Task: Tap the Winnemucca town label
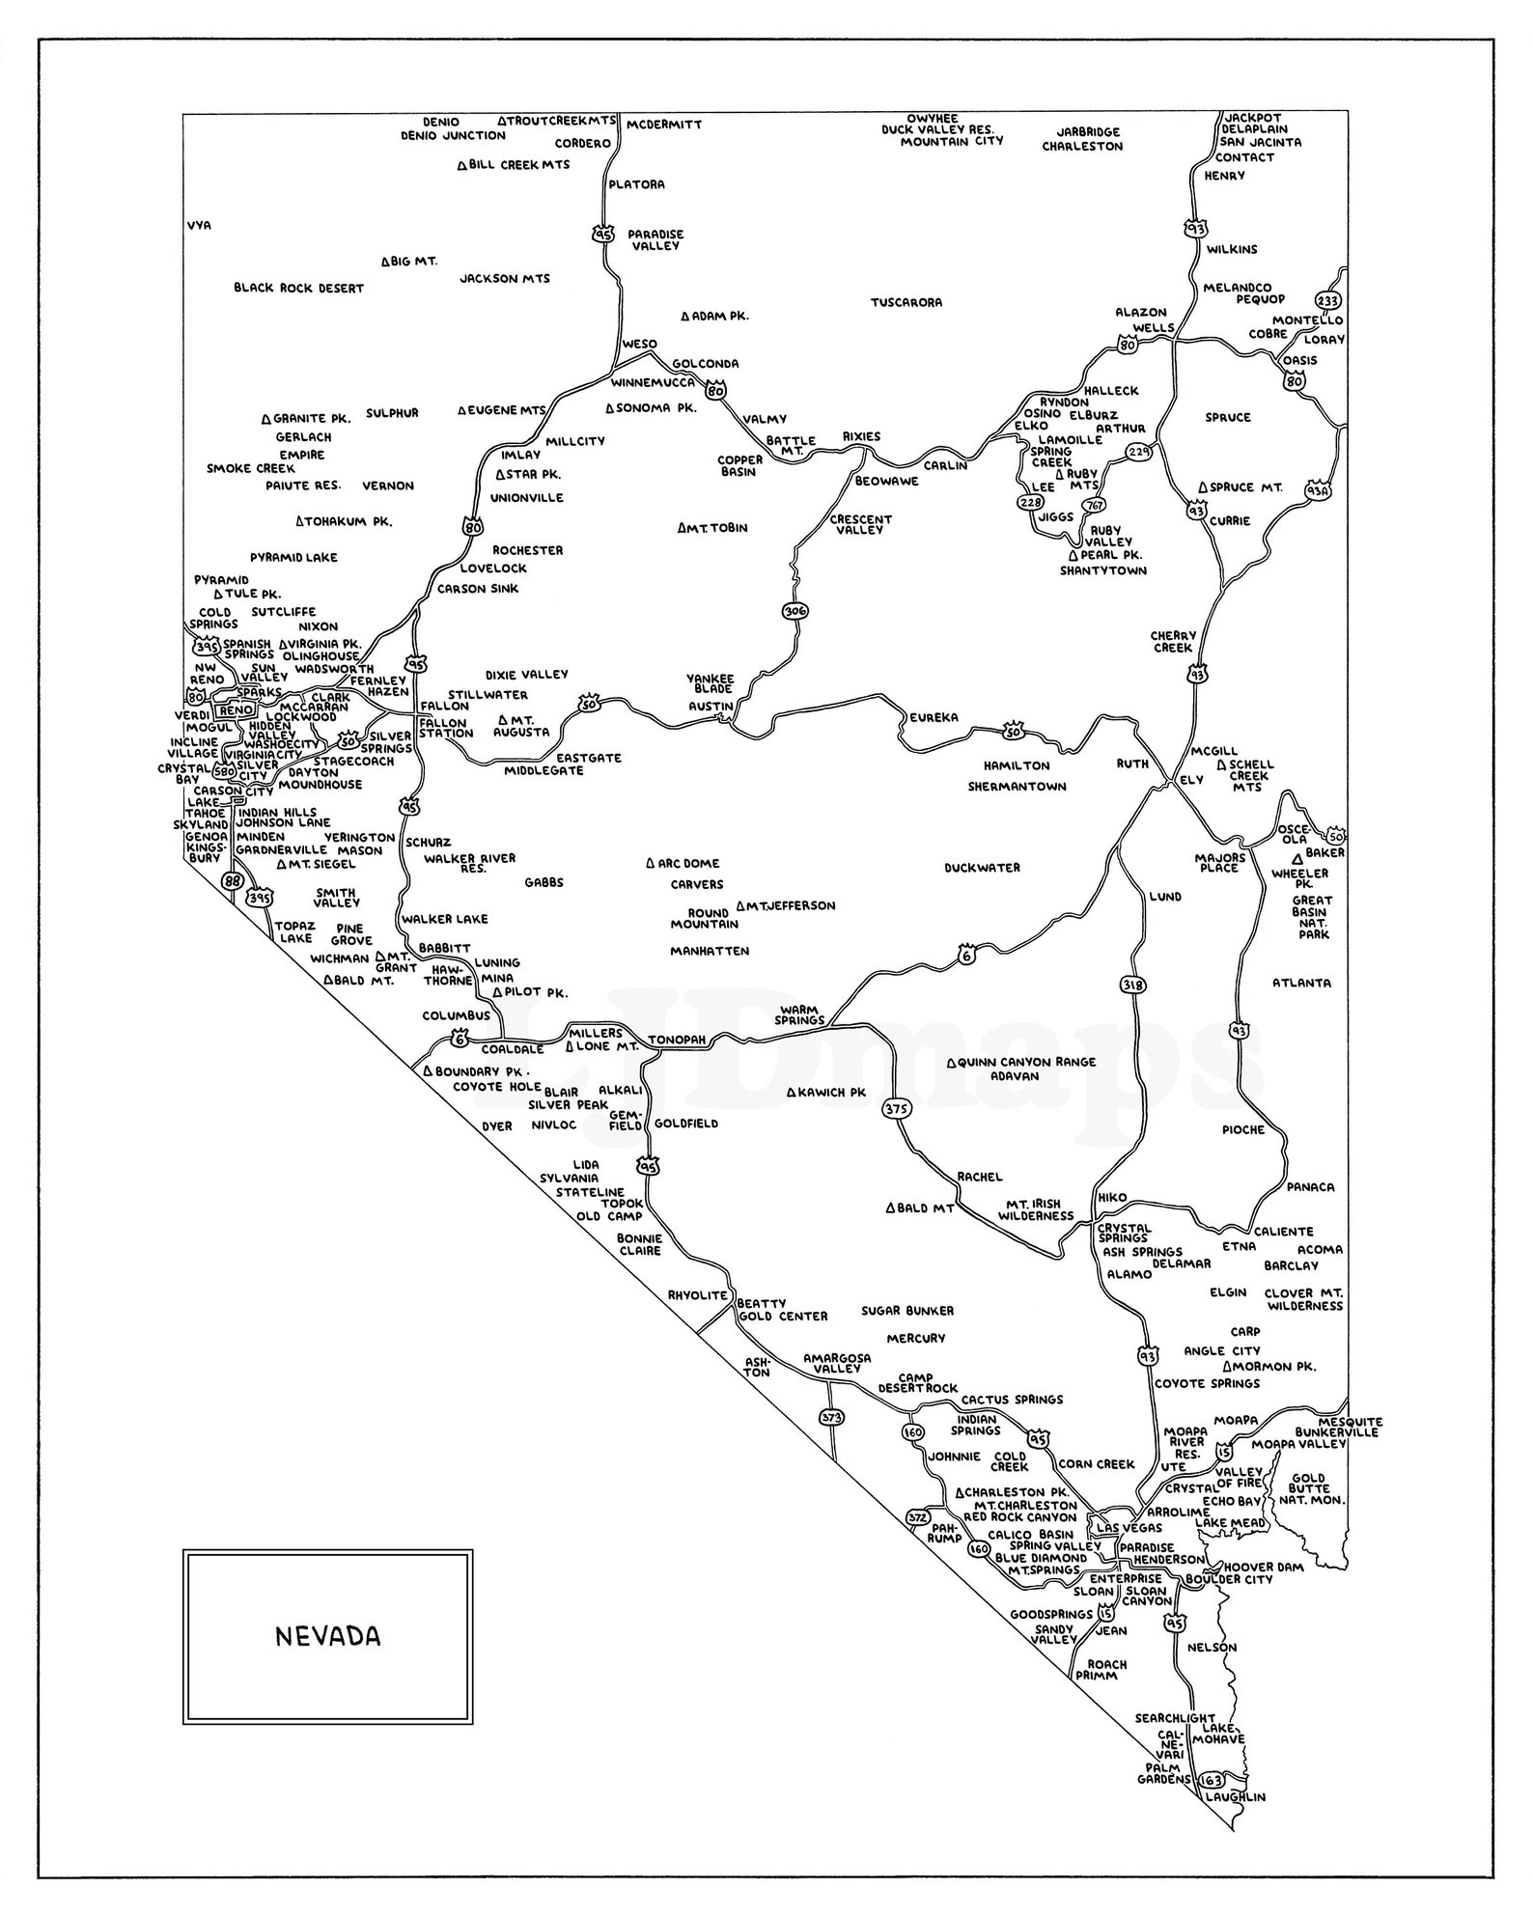[653, 382]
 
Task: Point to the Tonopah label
[678, 1040]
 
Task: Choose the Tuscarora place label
[906, 302]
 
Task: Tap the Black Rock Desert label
[298, 288]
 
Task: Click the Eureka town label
[934, 717]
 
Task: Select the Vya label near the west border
[199, 225]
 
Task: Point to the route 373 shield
[830, 1417]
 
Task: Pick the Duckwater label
[982, 868]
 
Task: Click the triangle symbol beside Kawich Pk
[791, 1093]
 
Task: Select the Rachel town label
[979, 1177]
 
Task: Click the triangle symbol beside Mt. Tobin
[683, 528]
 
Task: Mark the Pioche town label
[1242, 1129]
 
